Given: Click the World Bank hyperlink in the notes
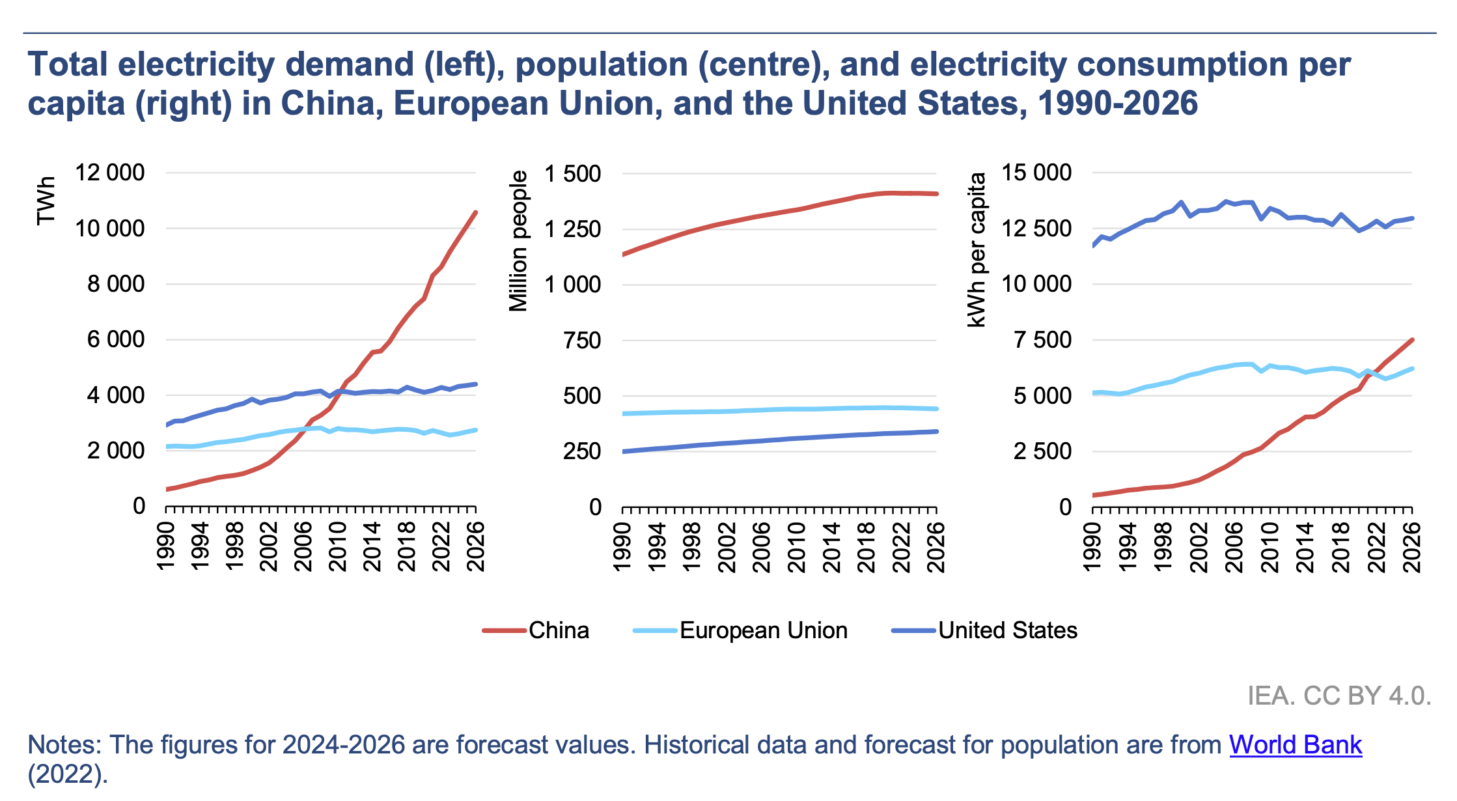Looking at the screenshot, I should coord(1295,745).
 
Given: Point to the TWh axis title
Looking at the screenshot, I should coord(46,201).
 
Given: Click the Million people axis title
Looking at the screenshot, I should coord(518,241).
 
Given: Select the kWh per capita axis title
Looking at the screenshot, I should coord(977,249).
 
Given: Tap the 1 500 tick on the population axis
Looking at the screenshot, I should coord(573,174).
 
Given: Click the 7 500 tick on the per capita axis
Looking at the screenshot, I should coord(1042,340).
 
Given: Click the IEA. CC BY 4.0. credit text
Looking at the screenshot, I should coord(1339,696).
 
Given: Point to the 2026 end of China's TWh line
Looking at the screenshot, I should coord(476,212).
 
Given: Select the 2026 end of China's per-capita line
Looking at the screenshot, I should coord(1412,339).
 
